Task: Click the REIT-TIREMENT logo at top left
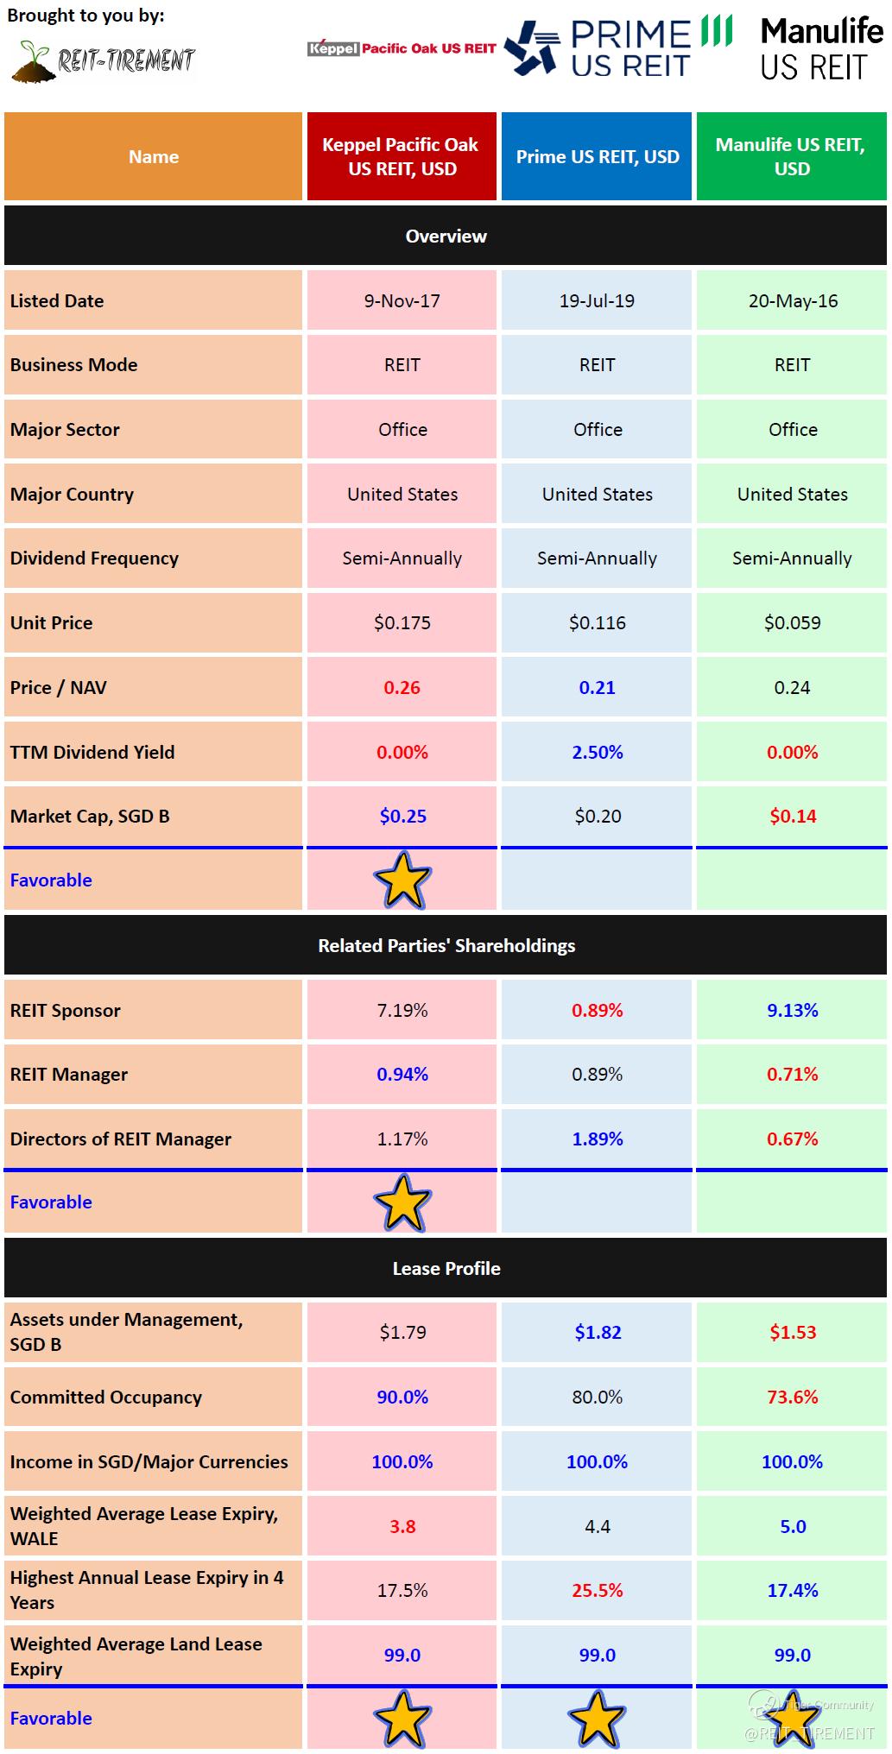coord(104,59)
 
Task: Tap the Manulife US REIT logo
coord(821,49)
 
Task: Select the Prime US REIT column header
coord(598,156)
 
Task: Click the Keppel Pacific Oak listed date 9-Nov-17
coord(402,300)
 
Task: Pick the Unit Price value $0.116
coord(598,622)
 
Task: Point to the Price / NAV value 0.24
coord(792,687)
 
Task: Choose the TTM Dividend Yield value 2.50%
coord(598,752)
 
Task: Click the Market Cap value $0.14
coord(792,816)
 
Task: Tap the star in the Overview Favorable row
coord(402,880)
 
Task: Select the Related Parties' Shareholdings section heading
coord(446,945)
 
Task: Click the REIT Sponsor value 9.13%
coord(792,1010)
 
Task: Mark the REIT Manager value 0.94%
coord(402,1074)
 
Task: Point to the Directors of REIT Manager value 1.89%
coord(598,1139)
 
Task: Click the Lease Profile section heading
coord(446,1268)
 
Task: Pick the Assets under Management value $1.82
coord(598,1332)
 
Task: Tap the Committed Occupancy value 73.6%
coord(792,1397)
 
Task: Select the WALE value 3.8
coord(402,1526)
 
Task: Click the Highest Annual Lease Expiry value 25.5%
coord(598,1590)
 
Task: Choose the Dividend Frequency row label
coord(94,558)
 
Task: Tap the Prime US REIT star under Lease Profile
coord(598,1718)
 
